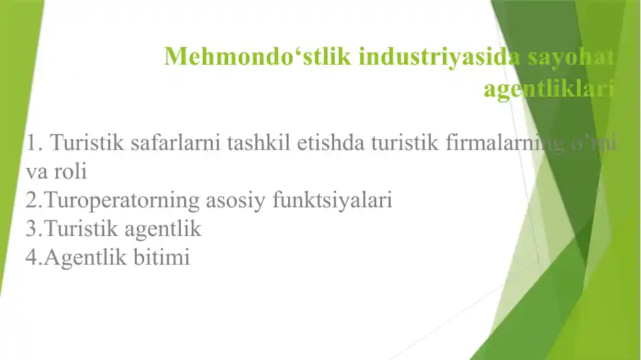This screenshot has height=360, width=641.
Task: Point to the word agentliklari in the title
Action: tap(548, 89)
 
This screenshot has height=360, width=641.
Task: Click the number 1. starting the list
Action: tap(35, 142)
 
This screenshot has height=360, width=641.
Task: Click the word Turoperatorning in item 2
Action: tap(124, 200)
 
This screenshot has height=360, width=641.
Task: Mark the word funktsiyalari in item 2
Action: tap(333, 200)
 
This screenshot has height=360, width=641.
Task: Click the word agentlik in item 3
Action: tap(161, 229)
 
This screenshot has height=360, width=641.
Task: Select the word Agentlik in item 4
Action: tap(82, 257)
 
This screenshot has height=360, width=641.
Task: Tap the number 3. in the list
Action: tap(33, 229)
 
